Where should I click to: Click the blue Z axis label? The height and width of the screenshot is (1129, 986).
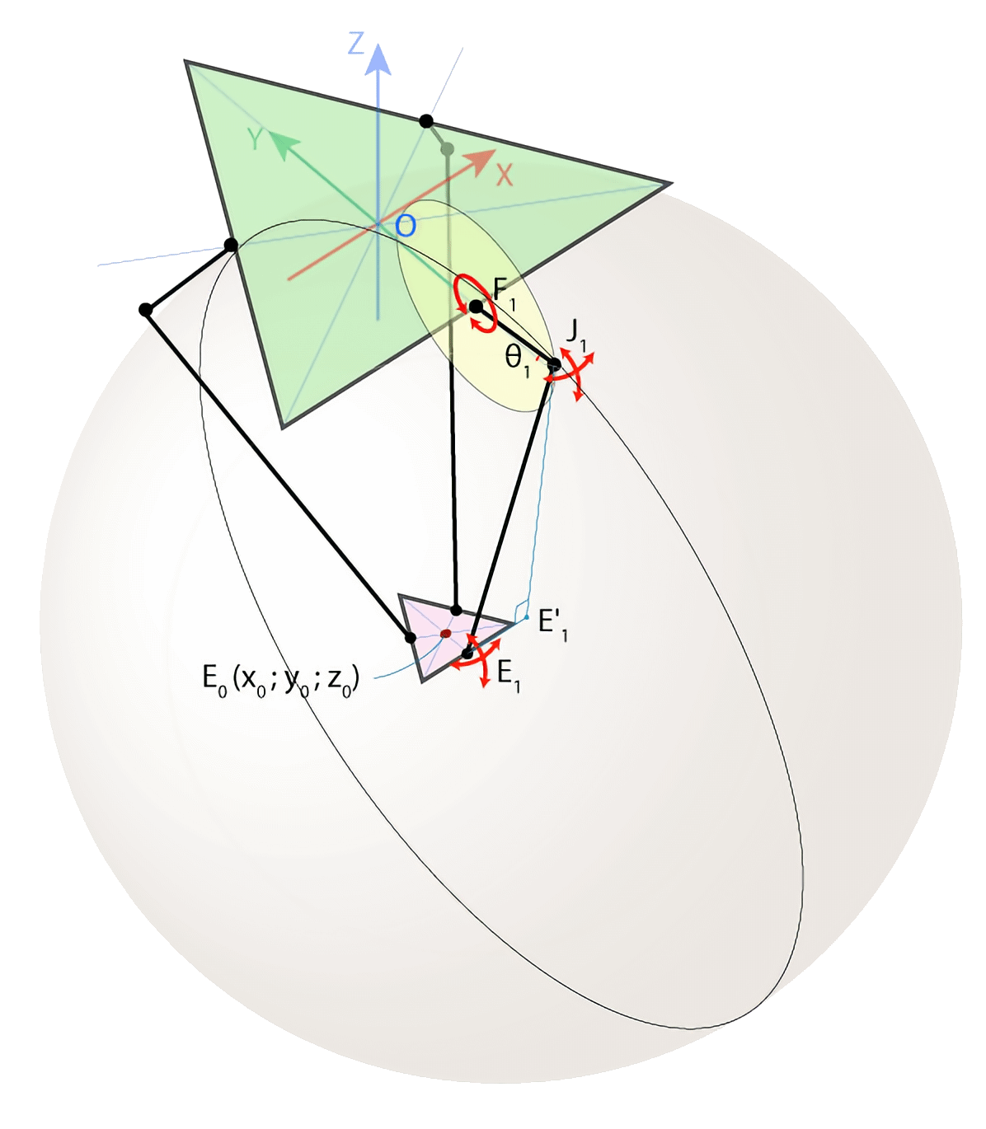click(356, 42)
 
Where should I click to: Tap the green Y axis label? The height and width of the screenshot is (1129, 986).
click(257, 141)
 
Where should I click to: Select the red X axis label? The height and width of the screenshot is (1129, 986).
click(504, 174)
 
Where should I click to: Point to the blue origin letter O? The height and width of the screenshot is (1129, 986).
click(404, 225)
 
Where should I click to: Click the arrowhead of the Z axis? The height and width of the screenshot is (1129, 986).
click(378, 58)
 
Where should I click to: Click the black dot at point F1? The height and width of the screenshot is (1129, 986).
click(476, 307)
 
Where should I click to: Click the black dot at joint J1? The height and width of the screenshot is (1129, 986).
click(555, 364)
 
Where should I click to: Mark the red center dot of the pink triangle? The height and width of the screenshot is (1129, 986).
click(445, 634)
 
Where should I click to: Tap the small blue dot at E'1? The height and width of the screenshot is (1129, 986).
click(527, 616)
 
